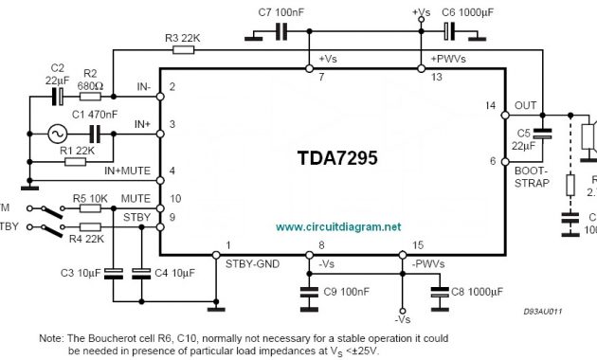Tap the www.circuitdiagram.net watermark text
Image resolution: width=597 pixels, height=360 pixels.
tap(338, 227)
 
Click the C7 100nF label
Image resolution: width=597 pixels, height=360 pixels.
tap(280, 12)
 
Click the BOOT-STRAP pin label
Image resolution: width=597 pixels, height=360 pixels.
tap(531, 177)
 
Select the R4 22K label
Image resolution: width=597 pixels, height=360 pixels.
tap(87, 240)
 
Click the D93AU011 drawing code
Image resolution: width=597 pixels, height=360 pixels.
tap(544, 310)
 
